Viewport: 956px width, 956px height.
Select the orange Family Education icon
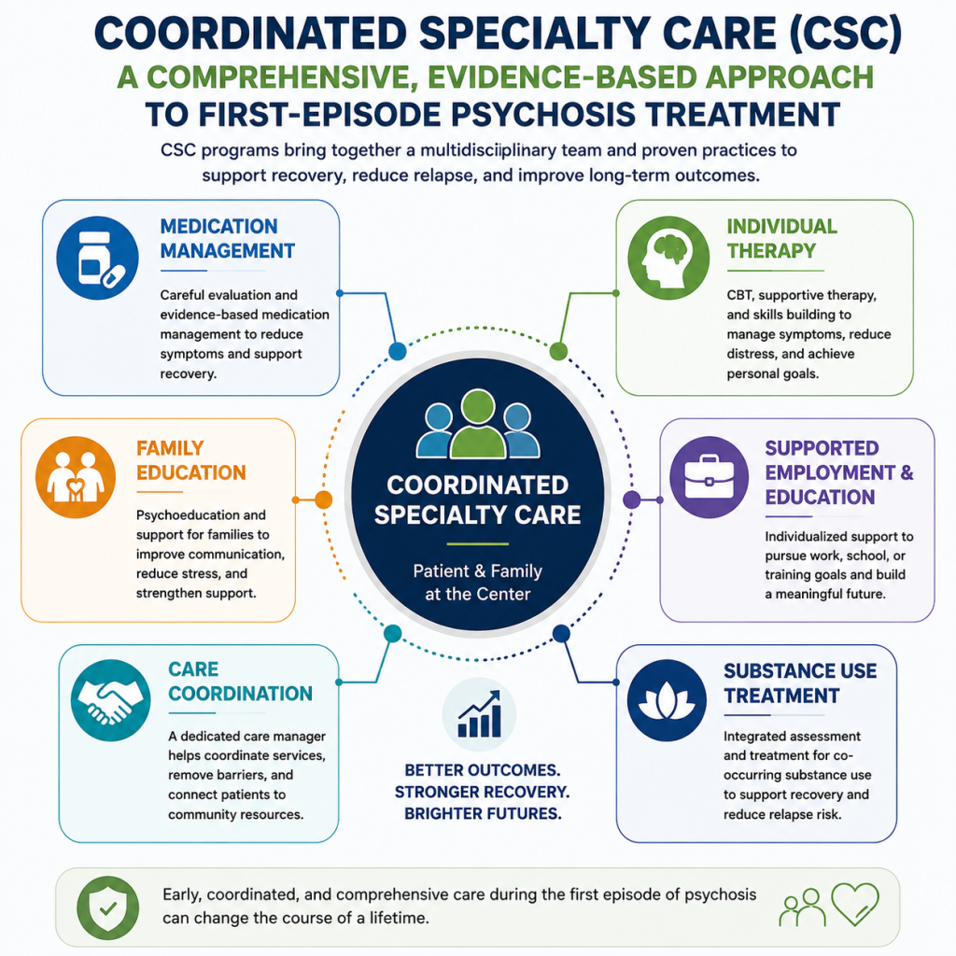pos(76,477)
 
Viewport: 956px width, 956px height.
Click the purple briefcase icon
pos(710,477)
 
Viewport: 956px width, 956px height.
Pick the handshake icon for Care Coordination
pos(110,700)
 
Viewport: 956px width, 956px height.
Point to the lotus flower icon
pos(667,700)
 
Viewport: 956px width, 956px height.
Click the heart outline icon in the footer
pos(855,904)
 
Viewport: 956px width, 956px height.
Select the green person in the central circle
pos(478,425)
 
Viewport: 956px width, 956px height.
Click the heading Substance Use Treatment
pos(800,683)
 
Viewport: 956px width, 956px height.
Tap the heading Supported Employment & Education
pos(839,472)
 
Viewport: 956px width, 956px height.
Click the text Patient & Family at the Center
pos(477,583)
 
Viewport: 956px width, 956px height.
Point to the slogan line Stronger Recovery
pos(482,792)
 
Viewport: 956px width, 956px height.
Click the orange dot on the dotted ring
pos(323,500)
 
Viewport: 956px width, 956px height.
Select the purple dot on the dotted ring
pos(632,500)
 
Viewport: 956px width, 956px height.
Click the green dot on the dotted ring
pos(558,351)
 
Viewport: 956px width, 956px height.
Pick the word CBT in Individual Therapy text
pos(739,295)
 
